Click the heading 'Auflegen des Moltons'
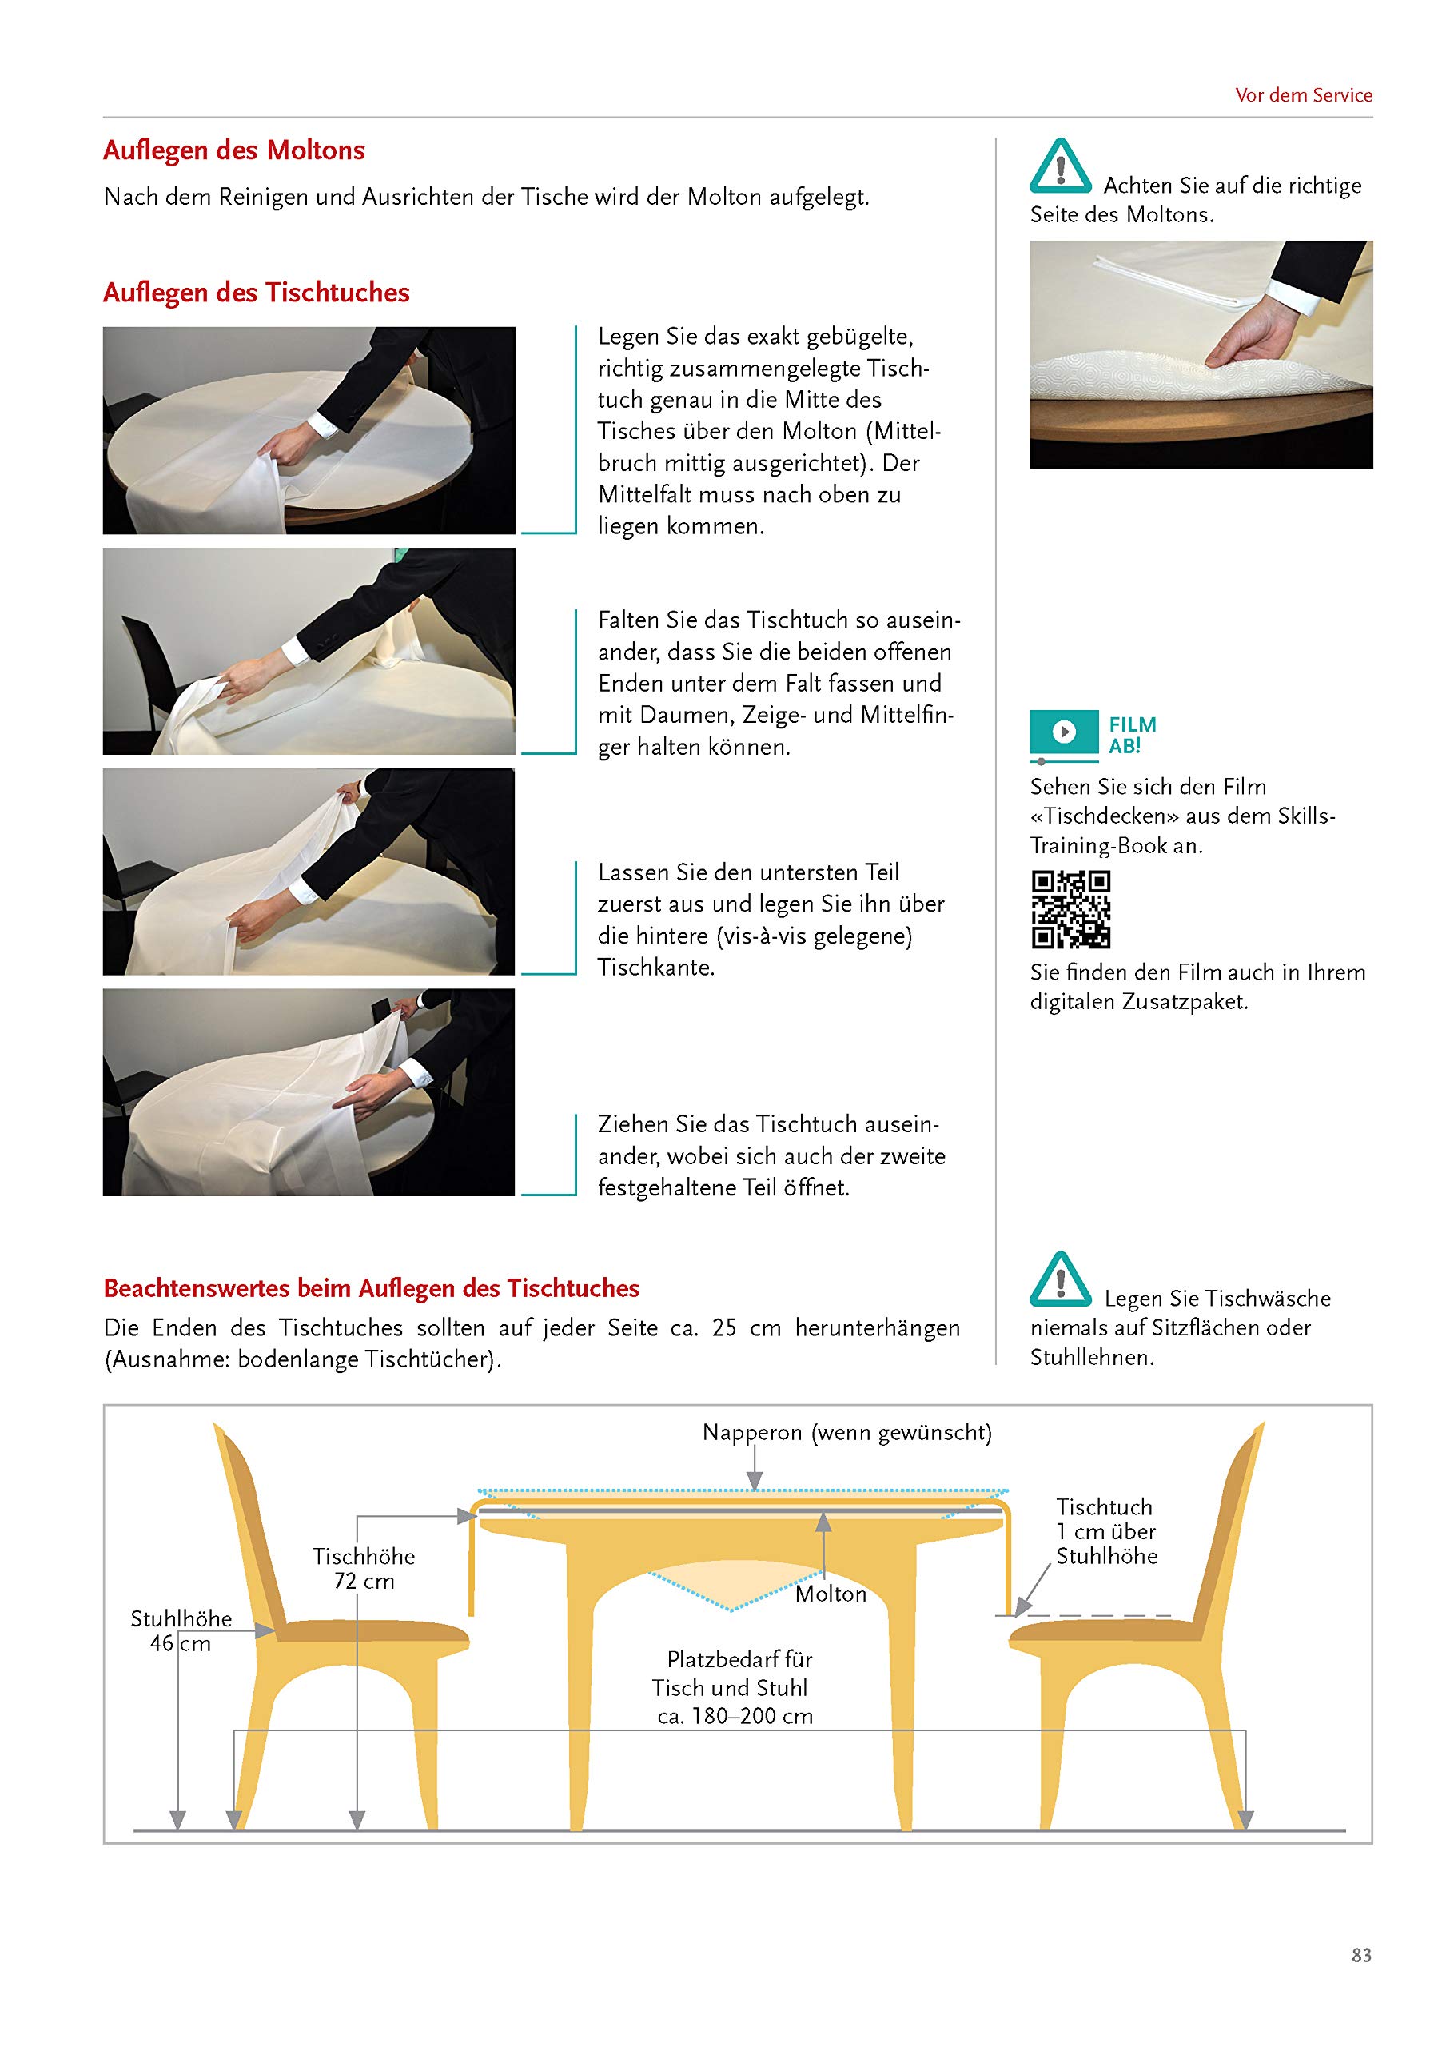click(233, 150)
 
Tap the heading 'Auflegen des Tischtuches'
click(256, 293)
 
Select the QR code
click(1070, 909)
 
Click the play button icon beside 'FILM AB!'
click(1063, 732)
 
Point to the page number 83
click(1361, 1955)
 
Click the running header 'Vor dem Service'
click(1303, 95)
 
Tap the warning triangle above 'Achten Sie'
click(1061, 167)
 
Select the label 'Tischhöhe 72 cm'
click(364, 1568)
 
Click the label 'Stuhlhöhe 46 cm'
click(181, 1630)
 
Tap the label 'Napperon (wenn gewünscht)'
click(846, 1433)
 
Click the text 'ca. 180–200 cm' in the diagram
click(735, 1716)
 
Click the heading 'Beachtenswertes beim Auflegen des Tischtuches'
click(372, 1288)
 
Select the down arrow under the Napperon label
click(755, 1466)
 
